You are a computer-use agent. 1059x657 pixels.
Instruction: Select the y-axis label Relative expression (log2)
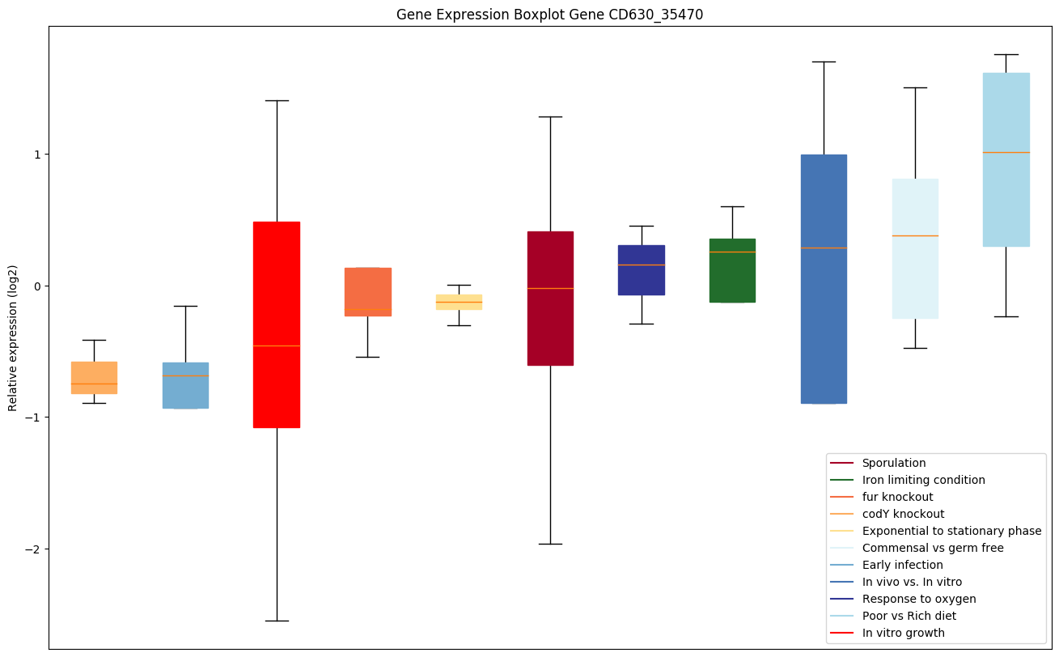[12, 337]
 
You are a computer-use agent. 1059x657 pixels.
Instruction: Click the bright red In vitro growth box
[277, 324]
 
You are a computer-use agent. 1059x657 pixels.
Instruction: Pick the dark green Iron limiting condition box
[732, 270]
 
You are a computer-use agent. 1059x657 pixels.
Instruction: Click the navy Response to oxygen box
[642, 269]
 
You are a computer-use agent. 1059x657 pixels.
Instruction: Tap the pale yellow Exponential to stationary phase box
[459, 302]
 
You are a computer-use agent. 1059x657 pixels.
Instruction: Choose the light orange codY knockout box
[94, 377]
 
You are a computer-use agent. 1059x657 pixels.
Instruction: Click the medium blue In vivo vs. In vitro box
[824, 278]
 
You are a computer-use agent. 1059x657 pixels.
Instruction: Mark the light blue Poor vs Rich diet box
[1006, 159]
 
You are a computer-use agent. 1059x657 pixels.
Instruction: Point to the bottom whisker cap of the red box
[277, 621]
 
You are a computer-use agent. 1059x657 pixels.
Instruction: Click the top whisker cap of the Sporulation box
[550, 117]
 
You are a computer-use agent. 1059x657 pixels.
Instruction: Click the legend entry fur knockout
[897, 497]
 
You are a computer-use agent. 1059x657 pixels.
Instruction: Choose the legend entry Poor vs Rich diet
[909, 616]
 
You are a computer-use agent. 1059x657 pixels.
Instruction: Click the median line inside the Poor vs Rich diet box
[1006, 152]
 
